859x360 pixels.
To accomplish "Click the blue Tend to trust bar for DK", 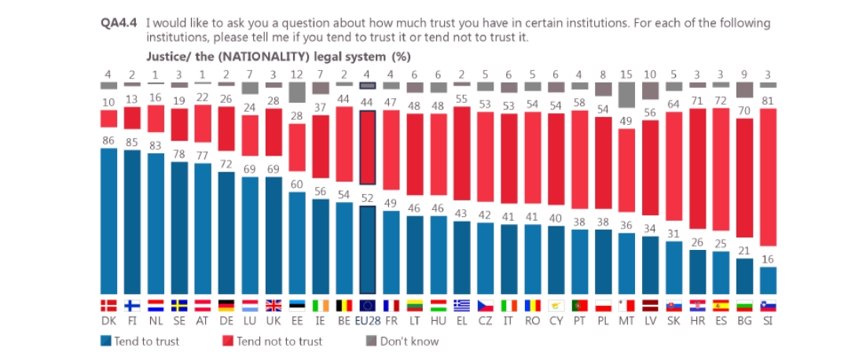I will pyautogui.click(x=108, y=220).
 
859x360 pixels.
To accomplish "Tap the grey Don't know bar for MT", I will pyautogui.click(x=626, y=95).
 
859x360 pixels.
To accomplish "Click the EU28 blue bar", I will pyautogui.click(x=367, y=248).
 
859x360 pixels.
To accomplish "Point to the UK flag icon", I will pyautogui.click(x=273, y=306).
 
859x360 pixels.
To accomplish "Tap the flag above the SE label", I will pyautogui.click(x=179, y=306).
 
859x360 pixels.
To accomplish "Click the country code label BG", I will pyautogui.click(x=743, y=321).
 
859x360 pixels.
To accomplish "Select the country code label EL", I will pyautogui.click(x=461, y=321).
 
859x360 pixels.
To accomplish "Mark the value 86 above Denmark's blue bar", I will pyautogui.click(x=108, y=138).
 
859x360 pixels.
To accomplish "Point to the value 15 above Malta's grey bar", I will pyautogui.click(x=626, y=74).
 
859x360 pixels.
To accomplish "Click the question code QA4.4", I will pyautogui.click(x=119, y=23).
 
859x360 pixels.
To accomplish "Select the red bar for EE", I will pyautogui.click(x=296, y=146).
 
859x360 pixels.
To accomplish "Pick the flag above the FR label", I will pyautogui.click(x=391, y=306).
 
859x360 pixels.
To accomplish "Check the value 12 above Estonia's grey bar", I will pyautogui.click(x=296, y=74).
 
